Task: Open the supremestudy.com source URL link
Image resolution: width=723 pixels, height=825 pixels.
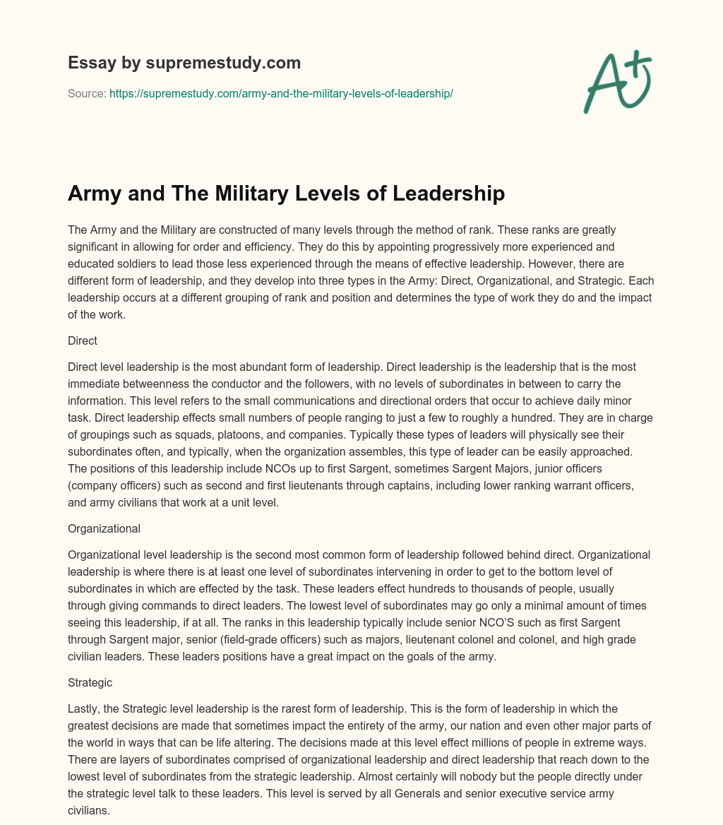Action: pyautogui.click(x=281, y=93)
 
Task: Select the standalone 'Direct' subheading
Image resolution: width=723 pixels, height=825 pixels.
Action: pyautogui.click(x=82, y=340)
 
